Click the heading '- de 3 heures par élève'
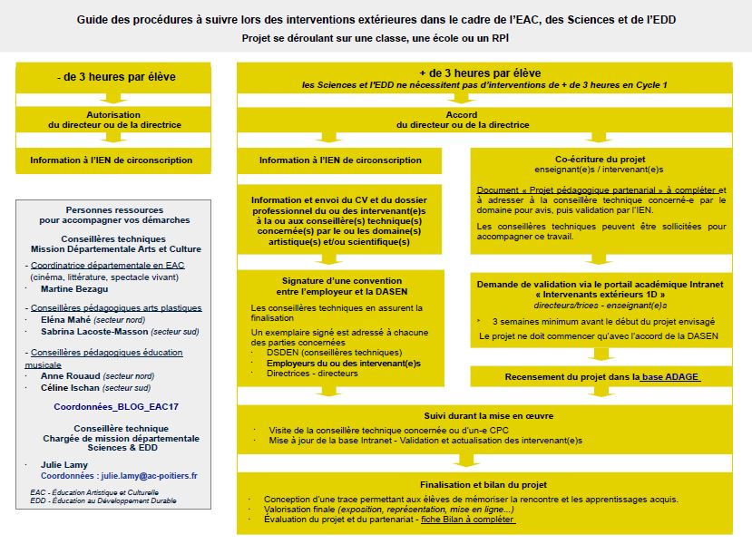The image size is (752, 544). (x=113, y=77)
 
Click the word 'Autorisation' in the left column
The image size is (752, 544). (x=113, y=116)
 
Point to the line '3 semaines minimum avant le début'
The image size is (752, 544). (x=603, y=322)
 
